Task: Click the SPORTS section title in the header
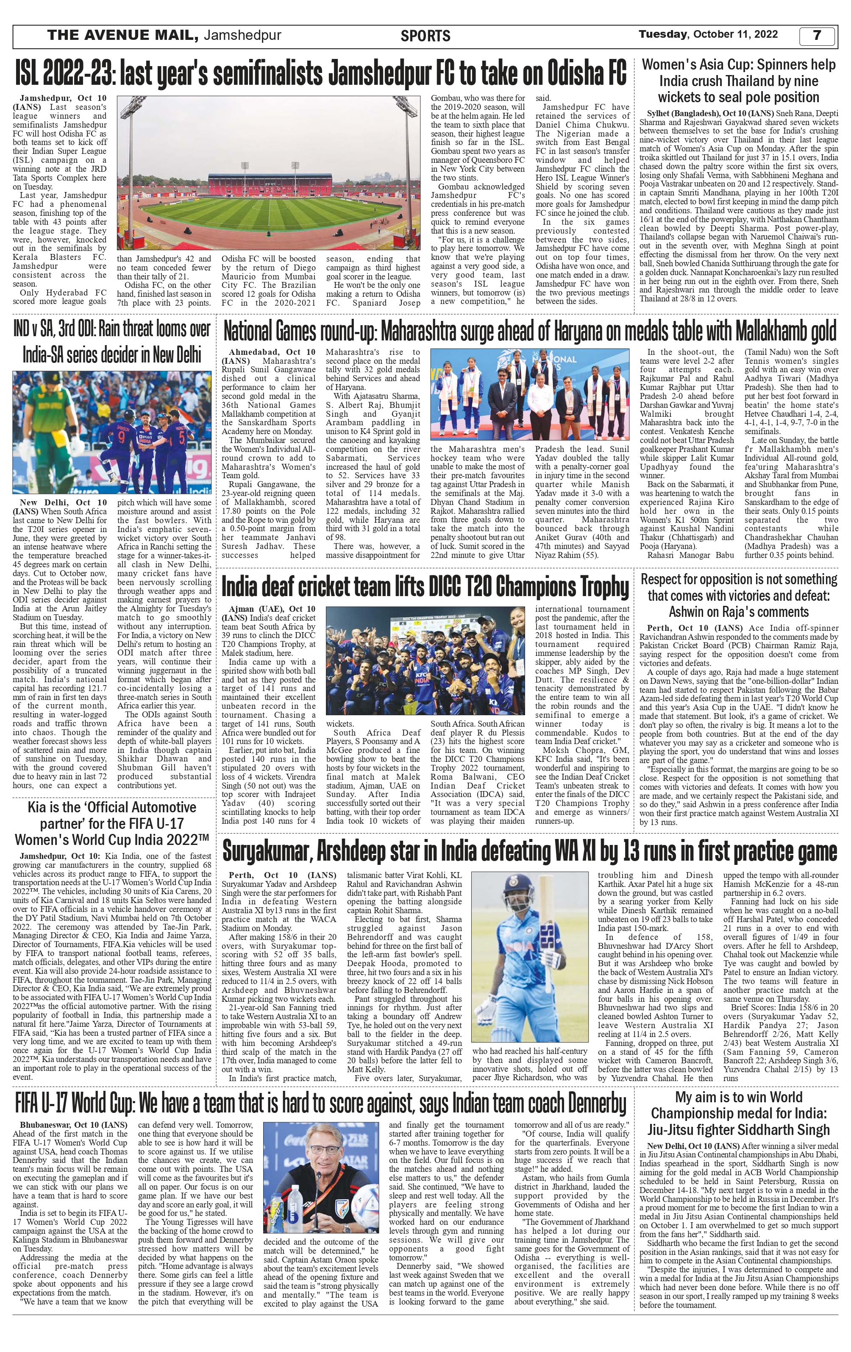425,36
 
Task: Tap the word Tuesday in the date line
663,34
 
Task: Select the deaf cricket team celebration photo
425,661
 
